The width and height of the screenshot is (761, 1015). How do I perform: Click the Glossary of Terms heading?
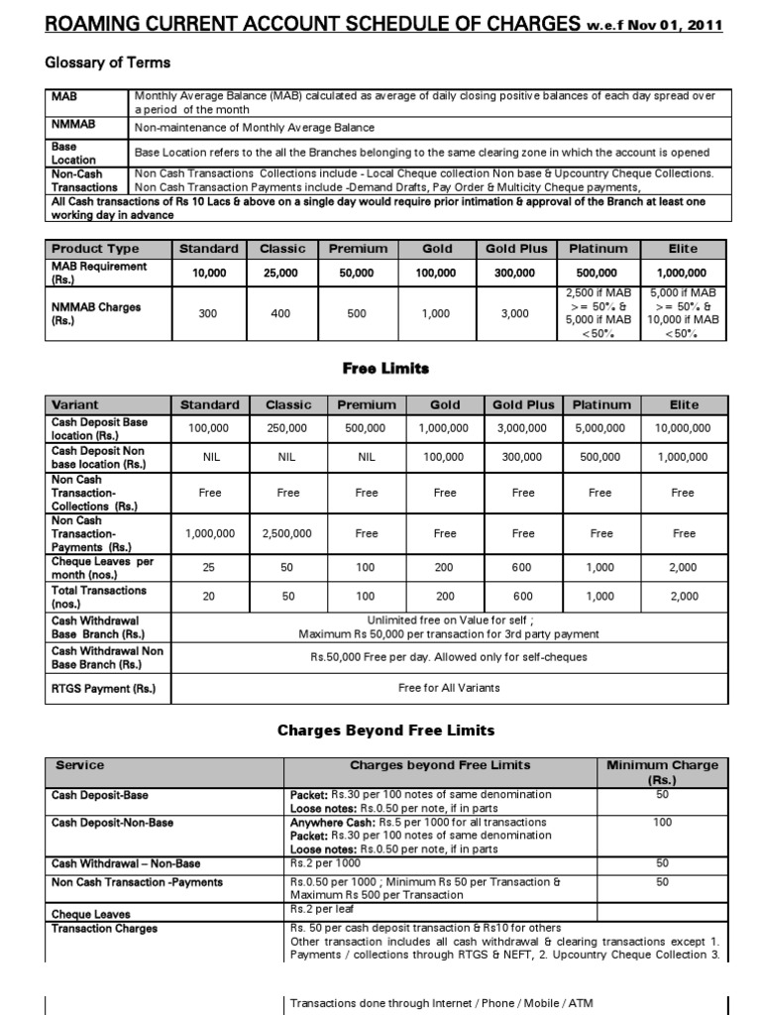coord(108,62)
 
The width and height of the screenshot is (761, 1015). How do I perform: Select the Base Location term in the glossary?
coord(74,153)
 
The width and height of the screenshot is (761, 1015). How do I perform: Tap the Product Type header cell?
coord(95,249)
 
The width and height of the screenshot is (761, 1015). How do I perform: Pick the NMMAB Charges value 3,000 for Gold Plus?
coord(515,313)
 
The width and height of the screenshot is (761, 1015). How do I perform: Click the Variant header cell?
coord(75,404)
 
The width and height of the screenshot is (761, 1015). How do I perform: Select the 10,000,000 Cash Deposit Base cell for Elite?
coord(683,428)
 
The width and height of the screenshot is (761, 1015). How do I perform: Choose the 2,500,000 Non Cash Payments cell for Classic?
coord(287,533)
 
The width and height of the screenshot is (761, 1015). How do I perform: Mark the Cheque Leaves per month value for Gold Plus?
coord(523,567)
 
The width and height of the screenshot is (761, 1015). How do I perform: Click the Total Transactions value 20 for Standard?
coord(207,597)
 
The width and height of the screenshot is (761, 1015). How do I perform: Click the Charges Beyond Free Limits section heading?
coord(384,731)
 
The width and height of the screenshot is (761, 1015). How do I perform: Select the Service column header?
coord(80,765)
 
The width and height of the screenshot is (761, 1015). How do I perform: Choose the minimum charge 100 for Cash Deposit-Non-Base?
coord(662,822)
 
